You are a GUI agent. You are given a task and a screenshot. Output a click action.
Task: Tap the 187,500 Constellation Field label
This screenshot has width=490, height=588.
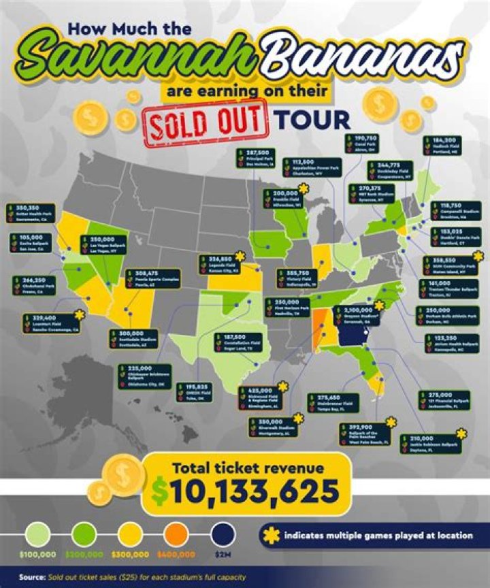(242, 342)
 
